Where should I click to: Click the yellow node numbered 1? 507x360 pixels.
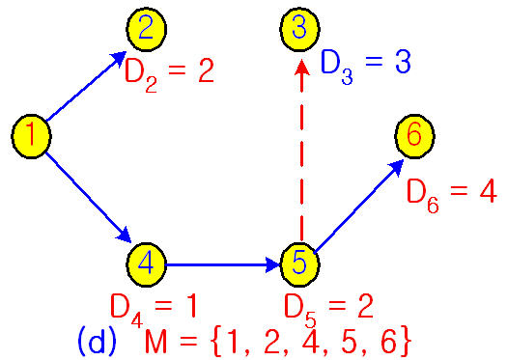pyautogui.click(x=31, y=136)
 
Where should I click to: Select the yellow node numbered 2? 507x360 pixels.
pyautogui.click(x=145, y=28)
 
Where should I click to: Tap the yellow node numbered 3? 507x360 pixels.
pyautogui.click(x=299, y=28)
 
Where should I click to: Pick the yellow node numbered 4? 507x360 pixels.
pyautogui.click(x=145, y=262)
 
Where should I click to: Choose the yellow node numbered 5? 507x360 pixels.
pyautogui.click(x=299, y=262)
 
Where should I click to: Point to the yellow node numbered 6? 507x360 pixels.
pyautogui.click(x=413, y=136)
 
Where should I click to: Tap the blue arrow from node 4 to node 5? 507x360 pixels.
pyautogui.click(x=222, y=262)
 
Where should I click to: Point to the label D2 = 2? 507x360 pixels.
pyautogui.click(x=168, y=71)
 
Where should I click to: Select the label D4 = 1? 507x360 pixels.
pyautogui.click(x=154, y=307)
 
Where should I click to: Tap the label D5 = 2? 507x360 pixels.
pyautogui.click(x=328, y=307)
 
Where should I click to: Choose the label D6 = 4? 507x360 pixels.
pyautogui.click(x=451, y=191)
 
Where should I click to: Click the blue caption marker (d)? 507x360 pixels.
pyautogui.click(x=97, y=339)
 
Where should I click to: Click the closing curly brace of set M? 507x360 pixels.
pyautogui.click(x=407, y=340)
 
